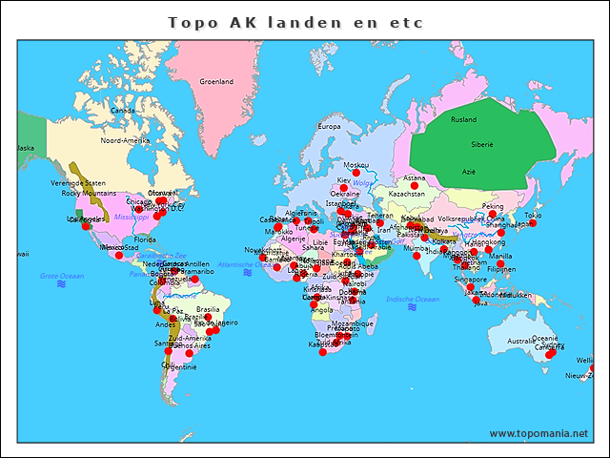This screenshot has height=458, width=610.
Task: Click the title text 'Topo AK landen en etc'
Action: pyautogui.click(x=295, y=22)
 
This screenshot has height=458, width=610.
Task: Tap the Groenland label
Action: pyautogui.click(x=216, y=82)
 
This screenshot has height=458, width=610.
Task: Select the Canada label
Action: pyautogui.click(x=122, y=110)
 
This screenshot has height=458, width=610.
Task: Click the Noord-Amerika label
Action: pyautogui.click(x=125, y=140)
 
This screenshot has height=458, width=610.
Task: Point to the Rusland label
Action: pyautogui.click(x=463, y=120)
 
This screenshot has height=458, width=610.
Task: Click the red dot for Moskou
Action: pyautogui.click(x=356, y=173)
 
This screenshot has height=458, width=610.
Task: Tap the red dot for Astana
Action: pyautogui.click(x=415, y=185)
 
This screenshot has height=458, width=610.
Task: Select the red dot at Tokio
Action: pyautogui.click(x=533, y=222)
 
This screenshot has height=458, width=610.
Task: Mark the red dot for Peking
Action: pyautogui.click(x=493, y=214)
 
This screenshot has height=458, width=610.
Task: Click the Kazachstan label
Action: pyautogui.click(x=407, y=194)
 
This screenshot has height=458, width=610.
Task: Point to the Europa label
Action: pyautogui.click(x=329, y=127)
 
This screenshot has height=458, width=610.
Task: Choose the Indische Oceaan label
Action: pyautogui.click(x=413, y=299)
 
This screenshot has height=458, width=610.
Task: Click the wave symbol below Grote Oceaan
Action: pyautogui.click(x=61, y=284)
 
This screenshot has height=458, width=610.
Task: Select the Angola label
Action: pyautogui.click(x=322, y=309)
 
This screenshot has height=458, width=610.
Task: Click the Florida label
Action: pyautogui.click(x=145, y=239)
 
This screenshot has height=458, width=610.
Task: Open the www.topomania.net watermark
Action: pyautogui.click(x=539, y=433)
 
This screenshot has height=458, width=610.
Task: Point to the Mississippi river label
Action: pyautogui.click(x=132, y=218)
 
